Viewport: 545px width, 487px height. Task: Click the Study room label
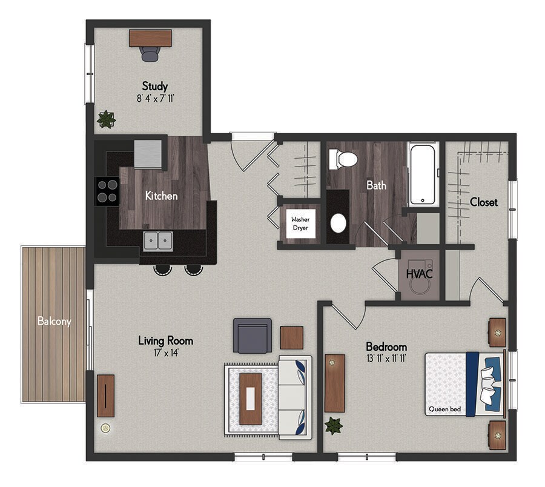154,86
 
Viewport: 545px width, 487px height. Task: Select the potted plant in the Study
106,119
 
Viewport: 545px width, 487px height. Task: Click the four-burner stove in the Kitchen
107,191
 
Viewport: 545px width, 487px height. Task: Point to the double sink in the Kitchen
158,240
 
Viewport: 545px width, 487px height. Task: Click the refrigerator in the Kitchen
148,154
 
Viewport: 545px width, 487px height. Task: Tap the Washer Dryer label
300,224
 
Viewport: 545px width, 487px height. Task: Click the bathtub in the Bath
423,175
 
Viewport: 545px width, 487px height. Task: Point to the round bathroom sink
339,223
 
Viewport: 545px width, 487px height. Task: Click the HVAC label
419,274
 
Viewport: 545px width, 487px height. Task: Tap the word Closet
484,202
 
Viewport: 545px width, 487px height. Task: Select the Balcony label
54,321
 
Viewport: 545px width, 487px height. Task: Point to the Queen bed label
444,409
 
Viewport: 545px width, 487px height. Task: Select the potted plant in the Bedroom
333,425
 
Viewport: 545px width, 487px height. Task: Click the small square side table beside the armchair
291,338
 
